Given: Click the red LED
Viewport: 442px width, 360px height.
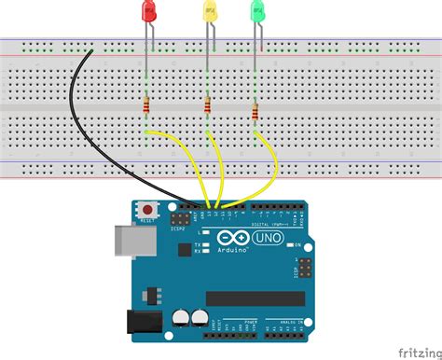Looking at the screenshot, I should pos(148,12).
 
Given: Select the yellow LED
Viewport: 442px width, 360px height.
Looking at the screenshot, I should pos(209,12).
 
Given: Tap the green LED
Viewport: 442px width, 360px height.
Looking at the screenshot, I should pos(258,12).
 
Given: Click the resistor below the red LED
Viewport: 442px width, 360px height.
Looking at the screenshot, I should pos(147,110).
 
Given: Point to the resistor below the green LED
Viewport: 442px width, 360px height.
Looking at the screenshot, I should pos(256,112).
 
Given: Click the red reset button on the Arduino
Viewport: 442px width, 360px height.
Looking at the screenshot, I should pos(145,209).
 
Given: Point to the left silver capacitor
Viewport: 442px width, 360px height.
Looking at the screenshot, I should pos(179,319).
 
